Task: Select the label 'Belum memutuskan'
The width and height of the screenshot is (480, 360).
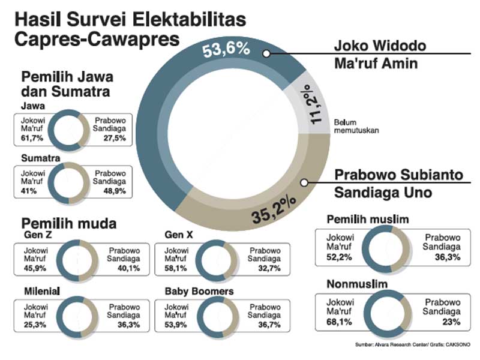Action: pyautogui.click(x=353, y=125)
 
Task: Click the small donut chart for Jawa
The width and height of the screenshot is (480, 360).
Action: pyautogui.click(x=68, y=129)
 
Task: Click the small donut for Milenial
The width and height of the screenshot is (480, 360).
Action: pyautogui.click(x=80, y=315)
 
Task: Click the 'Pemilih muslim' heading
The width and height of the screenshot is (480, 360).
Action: pyautogui.click(x=367, y=220)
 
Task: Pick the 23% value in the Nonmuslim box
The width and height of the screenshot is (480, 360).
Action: pyautogui.click(x=451, y=322)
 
